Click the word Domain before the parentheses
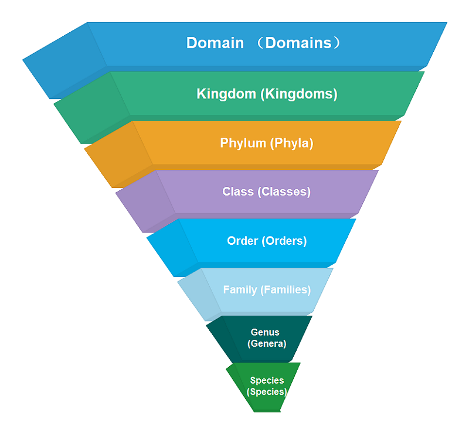[215, 43]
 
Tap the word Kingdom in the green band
[226, 94]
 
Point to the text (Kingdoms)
[299, 94]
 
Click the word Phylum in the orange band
[243, 143]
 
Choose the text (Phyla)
[291, 143]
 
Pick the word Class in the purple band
[238, 192]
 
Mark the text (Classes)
[284, 192]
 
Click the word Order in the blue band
[242, 241]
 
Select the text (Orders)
[284, 241]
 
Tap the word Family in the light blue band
[240, 289]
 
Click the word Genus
[265, 332]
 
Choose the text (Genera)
[267, 343]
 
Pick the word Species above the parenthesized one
[267, 380]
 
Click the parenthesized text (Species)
[267, 391]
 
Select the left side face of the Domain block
[64, 61]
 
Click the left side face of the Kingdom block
[91, 108]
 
